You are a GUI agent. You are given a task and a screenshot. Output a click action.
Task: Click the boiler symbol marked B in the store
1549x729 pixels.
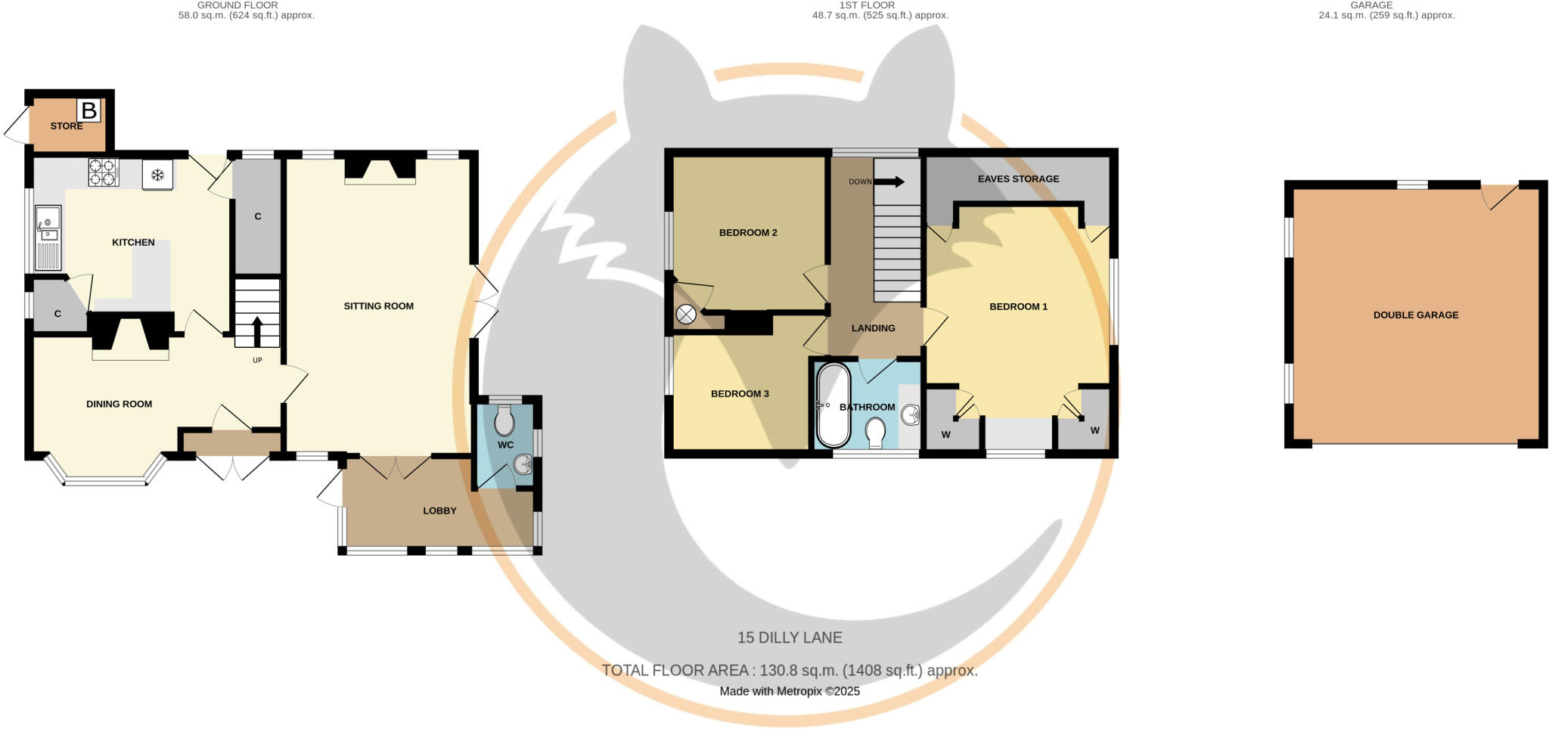point(88,111)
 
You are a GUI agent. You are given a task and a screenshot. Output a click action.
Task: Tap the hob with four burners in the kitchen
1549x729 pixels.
point(104,172)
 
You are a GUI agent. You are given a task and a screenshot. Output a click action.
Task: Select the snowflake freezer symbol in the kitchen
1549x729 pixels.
point(157,175)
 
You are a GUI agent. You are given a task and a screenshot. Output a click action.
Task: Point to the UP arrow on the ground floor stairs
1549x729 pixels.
point(256,330)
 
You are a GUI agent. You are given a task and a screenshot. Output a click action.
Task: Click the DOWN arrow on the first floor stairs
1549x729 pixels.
point(893,181)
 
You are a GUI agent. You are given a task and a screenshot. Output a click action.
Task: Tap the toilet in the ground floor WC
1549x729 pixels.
point(504,422)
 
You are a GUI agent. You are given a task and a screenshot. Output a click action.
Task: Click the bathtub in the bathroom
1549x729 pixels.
point(833,405)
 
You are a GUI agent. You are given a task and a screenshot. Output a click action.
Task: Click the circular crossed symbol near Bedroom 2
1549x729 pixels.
point(686,315)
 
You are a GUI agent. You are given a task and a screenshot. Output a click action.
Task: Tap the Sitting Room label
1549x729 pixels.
point(378,306)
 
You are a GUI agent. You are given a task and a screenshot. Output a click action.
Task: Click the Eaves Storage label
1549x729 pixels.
point(1018,179)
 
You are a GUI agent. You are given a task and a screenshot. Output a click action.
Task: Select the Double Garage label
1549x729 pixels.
point(1415,315)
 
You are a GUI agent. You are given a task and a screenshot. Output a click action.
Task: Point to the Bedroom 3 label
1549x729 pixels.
point(740,394)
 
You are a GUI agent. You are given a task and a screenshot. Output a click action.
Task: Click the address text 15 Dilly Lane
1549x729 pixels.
point(790,637)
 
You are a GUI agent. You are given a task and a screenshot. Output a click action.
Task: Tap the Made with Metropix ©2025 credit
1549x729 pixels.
point(790,691)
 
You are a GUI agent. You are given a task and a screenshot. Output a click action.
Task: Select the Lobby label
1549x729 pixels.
point(439,510)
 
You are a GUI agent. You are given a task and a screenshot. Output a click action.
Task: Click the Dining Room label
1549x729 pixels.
point(119,404)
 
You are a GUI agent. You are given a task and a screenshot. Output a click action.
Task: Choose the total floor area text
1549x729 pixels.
point(790,670)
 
